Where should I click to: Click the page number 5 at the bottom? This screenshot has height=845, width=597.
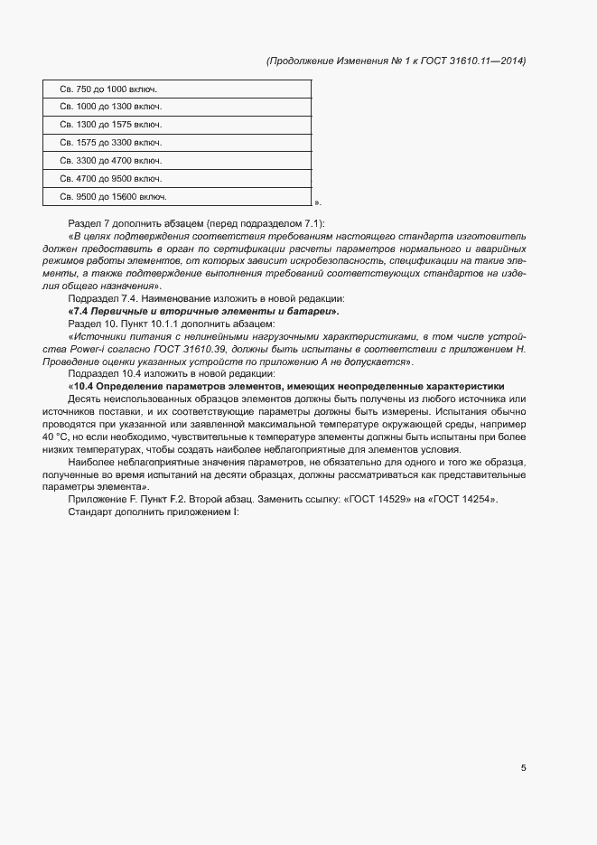(523, 768)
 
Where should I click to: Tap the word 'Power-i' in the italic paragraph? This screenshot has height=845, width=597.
(103, 349)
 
